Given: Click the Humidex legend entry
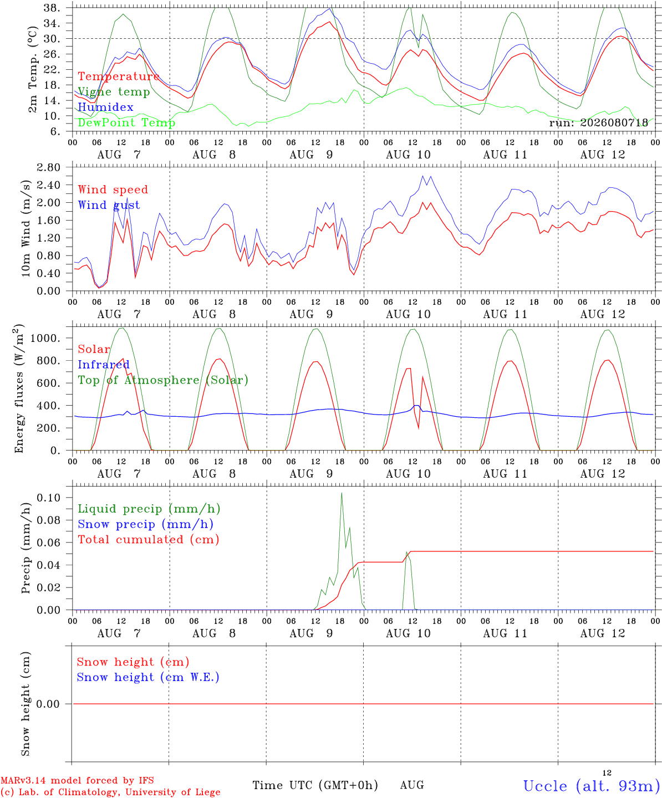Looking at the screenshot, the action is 105,107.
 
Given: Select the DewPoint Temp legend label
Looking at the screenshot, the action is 126,122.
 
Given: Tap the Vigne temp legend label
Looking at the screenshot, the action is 114,92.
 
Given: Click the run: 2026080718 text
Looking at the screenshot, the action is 599,122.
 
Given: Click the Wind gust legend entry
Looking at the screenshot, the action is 109,205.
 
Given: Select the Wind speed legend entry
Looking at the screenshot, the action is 113,190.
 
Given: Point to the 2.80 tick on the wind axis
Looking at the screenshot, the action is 49,167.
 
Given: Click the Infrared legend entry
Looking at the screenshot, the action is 104,365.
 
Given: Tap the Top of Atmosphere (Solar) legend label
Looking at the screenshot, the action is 164,380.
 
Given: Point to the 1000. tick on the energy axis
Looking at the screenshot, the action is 45,338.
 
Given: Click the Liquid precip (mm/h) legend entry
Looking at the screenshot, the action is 149,509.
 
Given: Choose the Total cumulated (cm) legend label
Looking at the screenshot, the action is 149,540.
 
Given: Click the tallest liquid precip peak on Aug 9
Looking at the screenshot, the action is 342,493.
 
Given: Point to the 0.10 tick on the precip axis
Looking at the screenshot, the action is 49,498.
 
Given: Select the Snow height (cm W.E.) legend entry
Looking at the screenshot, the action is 148,677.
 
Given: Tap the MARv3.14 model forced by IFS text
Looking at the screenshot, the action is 77,780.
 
